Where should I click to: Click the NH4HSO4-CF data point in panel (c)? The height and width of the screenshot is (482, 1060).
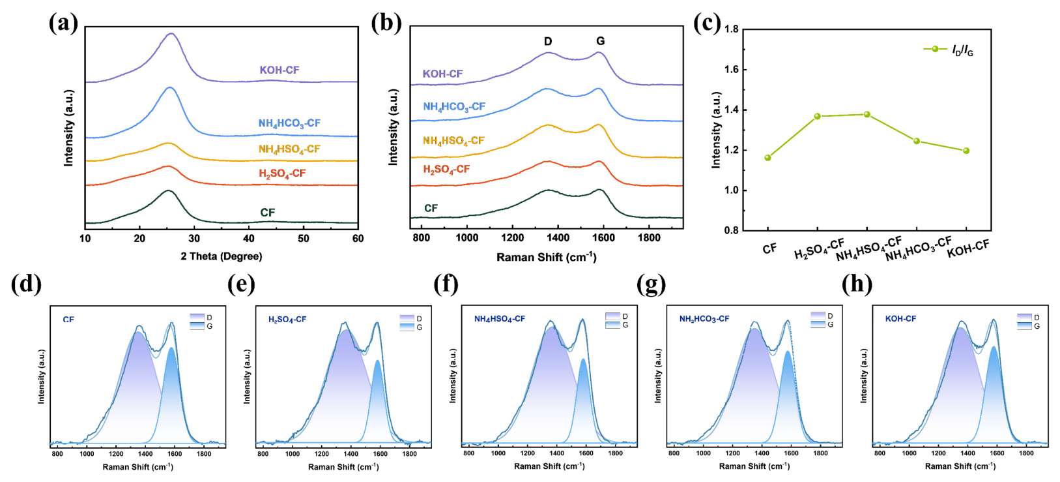[x=867, y=114]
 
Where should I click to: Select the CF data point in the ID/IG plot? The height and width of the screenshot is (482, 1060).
[x=767, y=158]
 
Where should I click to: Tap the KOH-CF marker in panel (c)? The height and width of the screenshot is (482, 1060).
[x=966, y=151]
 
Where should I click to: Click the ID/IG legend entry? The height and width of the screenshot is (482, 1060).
[x=949, y=50]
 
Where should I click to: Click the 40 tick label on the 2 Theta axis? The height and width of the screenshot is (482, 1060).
[x=249, y=239]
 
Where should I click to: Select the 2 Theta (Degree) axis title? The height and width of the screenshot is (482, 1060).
[x=222, y=256]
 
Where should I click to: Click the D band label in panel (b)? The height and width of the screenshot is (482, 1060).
[x=548, y=42]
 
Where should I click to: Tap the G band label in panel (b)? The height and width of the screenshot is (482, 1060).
[x=600, y=41]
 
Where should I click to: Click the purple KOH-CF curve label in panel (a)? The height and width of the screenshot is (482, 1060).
[x=279, y=70]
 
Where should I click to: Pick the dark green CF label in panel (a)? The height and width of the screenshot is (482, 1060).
[x=268, y=213]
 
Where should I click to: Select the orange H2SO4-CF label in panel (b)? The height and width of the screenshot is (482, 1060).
[x=446, y=170]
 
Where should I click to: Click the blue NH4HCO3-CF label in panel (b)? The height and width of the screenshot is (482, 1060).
[x=454, y=107]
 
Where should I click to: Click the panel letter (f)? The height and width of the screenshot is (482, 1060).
[x=447, y=284]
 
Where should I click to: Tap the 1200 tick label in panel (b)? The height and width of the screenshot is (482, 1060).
[x=513, y=238]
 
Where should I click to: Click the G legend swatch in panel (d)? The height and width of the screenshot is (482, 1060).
[x=197, y=326]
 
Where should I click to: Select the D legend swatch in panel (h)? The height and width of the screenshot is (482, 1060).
[x=1025, y=317]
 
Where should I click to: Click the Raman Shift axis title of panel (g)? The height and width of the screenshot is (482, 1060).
[x=754, y=466]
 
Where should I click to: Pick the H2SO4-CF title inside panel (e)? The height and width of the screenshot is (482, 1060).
[x=287, y=320]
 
